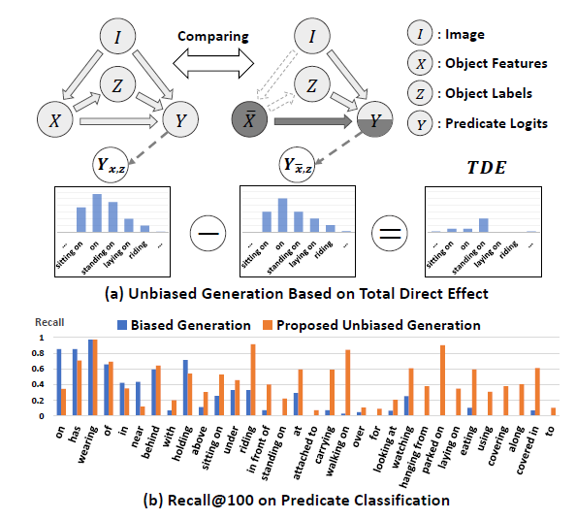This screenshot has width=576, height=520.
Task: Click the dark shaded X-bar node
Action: [249, 119]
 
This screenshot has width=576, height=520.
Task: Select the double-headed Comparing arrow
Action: [213, 64]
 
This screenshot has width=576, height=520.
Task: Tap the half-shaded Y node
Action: [374, 119]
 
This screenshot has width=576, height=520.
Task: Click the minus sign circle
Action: [208, 234]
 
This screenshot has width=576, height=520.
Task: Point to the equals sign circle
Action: [390, 234]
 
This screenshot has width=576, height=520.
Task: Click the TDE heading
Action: [487, 168]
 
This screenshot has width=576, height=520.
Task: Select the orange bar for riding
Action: [253, 380]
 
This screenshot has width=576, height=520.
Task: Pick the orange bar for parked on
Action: [442, 380]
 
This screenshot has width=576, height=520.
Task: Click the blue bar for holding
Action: [185, 388]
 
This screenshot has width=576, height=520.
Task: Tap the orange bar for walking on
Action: [348, 383]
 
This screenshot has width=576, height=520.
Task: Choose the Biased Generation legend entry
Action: [184, 325]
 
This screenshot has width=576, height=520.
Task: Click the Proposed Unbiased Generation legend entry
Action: [371, 325]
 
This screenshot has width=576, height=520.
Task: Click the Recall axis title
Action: [49, 322]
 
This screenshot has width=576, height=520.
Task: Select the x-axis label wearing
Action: [88, 444]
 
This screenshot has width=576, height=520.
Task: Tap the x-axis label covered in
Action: [528, 449]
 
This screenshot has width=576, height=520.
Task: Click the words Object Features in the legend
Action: [496, 64]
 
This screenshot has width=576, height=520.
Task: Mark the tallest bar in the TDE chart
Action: [484, 225]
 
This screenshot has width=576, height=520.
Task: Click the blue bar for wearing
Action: [90, 377]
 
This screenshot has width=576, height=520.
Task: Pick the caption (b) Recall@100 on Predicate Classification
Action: [297, 501]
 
